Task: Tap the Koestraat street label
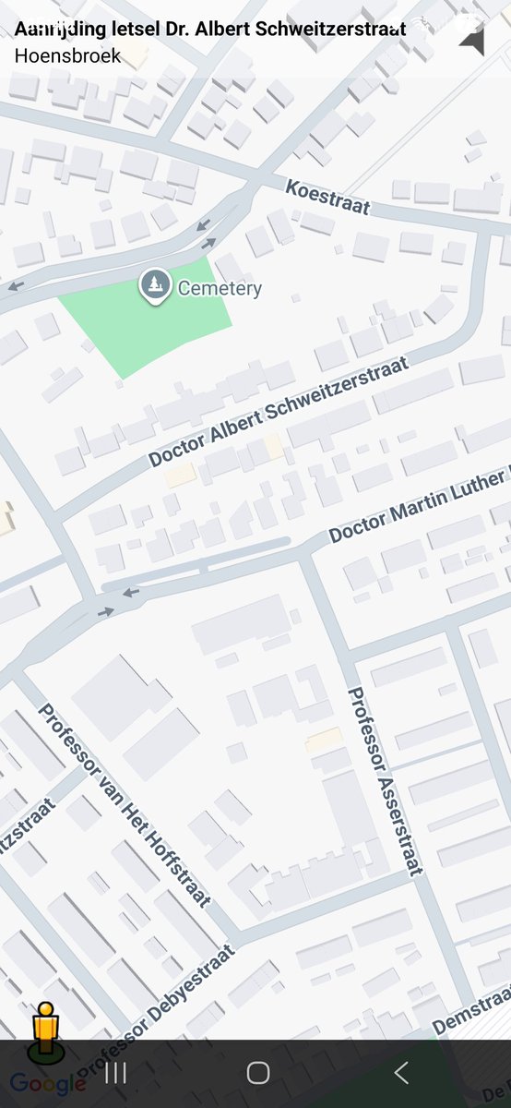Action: (327, 198)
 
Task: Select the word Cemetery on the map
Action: (220, 288)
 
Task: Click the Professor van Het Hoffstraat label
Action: (124, 803)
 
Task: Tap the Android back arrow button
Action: (400, 1072)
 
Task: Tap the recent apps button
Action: (115, 1072)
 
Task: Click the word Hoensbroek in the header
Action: (67, 55)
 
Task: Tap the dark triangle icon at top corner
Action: (471, 40)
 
